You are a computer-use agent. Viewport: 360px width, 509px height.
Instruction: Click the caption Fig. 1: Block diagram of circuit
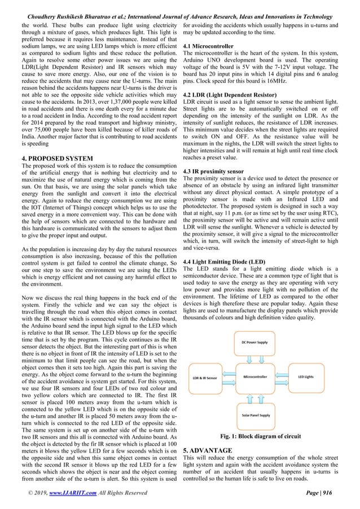coord(261,436)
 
